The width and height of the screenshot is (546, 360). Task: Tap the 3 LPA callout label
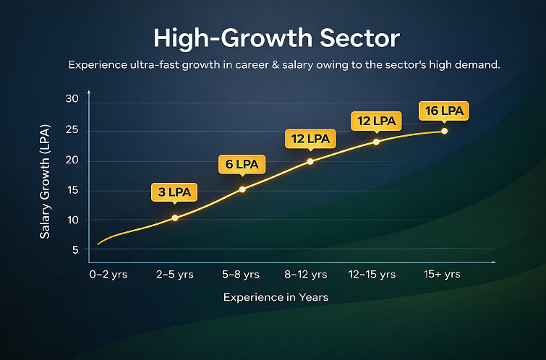174,192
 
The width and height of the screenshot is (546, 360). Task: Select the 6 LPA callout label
242,165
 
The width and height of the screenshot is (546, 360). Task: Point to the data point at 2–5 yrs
174,218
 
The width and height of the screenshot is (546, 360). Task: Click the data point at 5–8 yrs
242,189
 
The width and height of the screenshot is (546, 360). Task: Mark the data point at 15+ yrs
444,131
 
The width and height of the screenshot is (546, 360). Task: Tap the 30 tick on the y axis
71,98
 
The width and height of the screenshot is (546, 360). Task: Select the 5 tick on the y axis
74,250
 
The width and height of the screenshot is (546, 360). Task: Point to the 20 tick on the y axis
71,160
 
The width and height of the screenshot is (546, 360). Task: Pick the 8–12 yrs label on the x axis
306,275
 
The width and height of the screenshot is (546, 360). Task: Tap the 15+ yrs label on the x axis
441,275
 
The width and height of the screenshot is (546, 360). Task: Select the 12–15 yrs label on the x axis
372,275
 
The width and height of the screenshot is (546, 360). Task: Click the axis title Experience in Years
276,297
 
